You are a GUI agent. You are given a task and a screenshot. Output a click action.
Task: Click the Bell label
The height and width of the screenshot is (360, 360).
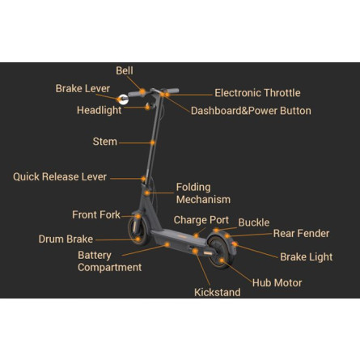[125, 70]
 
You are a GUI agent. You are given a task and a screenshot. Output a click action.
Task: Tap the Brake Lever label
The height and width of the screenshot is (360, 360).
[83, 88]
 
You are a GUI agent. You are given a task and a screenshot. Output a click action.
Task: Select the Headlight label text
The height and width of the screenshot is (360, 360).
[99, 110]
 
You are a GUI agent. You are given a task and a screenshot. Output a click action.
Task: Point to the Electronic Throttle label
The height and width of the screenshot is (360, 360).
[257, 93]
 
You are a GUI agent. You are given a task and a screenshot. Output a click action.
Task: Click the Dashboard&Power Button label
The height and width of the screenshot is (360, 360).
[251, 111]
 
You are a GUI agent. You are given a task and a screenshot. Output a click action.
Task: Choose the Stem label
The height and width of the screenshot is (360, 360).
[105, 142]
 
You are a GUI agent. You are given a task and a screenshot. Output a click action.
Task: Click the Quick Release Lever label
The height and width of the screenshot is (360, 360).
[60, 177]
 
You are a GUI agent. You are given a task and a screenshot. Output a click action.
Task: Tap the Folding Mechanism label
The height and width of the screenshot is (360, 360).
[203, 193]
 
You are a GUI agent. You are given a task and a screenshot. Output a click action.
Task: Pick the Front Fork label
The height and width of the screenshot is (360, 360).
[96, 214]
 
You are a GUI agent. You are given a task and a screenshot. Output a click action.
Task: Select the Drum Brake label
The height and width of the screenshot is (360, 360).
[66, 239]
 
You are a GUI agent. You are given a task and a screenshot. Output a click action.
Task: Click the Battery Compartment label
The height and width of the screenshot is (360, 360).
[109, 261]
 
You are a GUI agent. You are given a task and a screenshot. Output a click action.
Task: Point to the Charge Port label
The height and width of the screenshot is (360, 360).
[201, 220]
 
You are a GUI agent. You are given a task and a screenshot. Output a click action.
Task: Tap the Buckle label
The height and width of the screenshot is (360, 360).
[254, 222]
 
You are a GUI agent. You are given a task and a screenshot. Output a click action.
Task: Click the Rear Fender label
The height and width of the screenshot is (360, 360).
[301, 234]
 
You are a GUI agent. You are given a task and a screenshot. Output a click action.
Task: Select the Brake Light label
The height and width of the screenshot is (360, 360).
[307, 257]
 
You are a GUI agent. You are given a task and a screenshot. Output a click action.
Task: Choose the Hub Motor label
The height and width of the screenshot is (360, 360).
[277, 283]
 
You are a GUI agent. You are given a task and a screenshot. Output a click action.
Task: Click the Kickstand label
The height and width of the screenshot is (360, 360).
[218, 292]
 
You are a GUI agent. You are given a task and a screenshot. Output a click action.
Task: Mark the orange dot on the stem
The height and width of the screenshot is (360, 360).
[153, 142]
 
